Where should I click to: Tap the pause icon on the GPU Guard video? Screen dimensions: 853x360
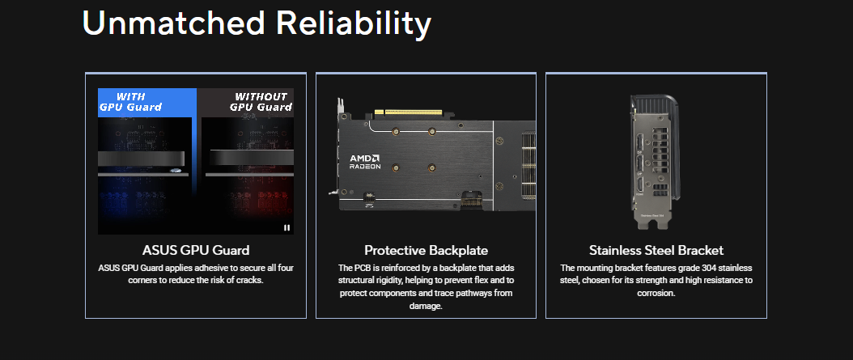pos(286,228)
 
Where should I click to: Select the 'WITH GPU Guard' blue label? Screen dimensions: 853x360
pos(130,102)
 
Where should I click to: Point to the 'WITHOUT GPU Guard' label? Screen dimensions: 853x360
pos(261,102)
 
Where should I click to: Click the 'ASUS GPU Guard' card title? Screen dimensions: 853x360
pos(196,250)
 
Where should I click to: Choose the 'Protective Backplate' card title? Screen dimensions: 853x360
pos(426,250)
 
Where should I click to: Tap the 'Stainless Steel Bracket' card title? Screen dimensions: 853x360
pos(656,250)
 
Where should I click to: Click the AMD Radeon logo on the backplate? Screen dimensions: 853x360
pos(365,162)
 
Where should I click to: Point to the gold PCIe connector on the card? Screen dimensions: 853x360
pos(413,112)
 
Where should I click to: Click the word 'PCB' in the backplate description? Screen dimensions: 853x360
pos(363,268)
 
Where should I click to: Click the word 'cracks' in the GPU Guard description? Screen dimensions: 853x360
pos(250,281)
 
